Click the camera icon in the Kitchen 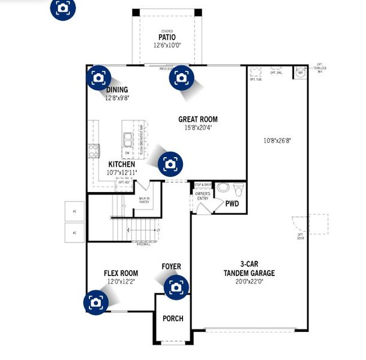[170, 163]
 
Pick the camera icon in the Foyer [175, 287]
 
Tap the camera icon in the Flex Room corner [95, 302]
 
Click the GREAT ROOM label [197, 119]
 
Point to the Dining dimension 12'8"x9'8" [117, 97]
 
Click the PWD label [232, 204]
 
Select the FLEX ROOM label [121, 272]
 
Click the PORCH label [173, 319]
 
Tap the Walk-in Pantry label [144, 199]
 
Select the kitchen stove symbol [94, 150]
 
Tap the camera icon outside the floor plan [62, 7]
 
